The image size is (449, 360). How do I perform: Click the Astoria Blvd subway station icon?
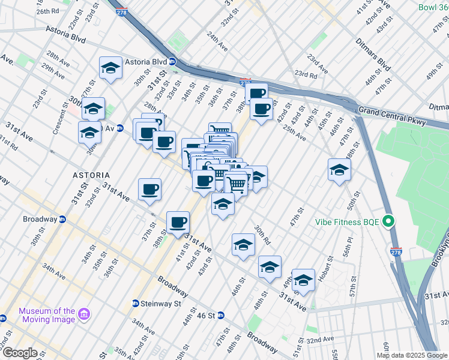[x=172, y=61]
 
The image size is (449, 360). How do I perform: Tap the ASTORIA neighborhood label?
[x=91, y=175]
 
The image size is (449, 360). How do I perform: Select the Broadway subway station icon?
[x=62, y=219]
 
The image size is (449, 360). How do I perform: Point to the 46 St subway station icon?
[x=220, y=315]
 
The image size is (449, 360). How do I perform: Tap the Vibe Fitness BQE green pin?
[x=388, y=222]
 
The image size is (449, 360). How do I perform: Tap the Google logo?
[x=19, y=353]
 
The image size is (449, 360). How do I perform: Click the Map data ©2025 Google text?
[x=412, y=355]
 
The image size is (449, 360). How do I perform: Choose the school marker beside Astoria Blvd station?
[x=110, y=69]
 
